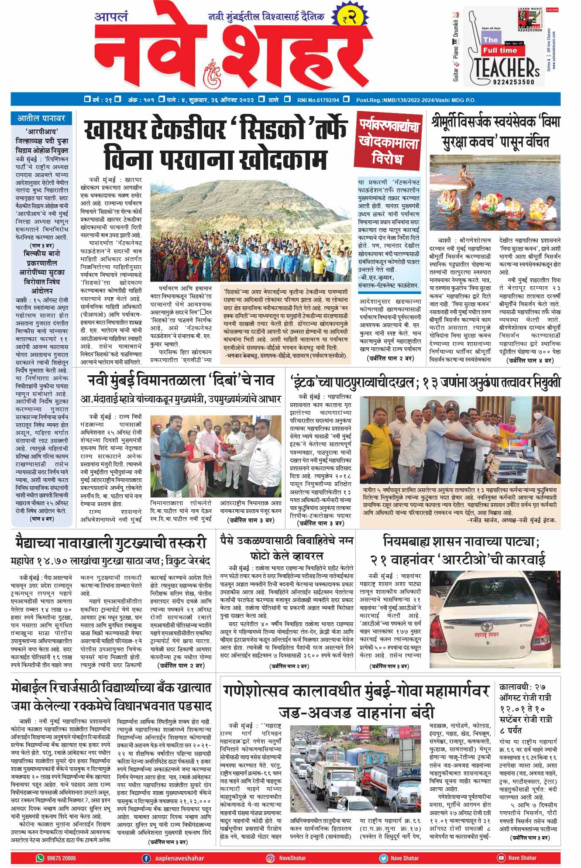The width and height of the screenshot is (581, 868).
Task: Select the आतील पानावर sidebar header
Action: point(41,118)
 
